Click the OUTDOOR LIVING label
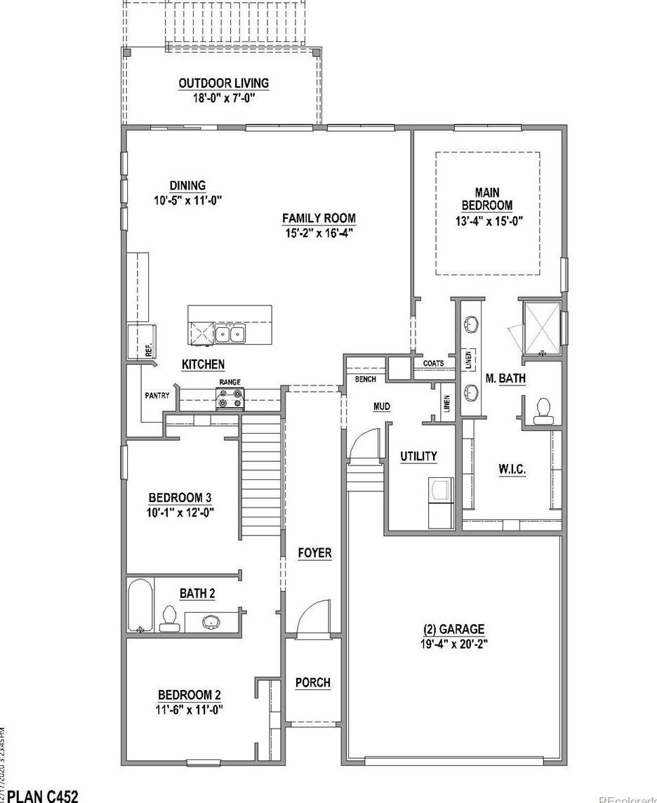223,84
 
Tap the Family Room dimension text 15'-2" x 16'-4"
319,232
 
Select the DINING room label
187,186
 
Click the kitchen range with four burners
230,399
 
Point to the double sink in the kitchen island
230,334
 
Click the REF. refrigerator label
149,351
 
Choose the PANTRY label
157,396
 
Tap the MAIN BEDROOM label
488,199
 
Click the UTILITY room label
418,456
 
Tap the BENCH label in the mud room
366,379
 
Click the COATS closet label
433,364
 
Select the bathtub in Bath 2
141,606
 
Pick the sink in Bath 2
211,621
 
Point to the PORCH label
312,682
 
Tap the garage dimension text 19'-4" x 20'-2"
453,642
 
